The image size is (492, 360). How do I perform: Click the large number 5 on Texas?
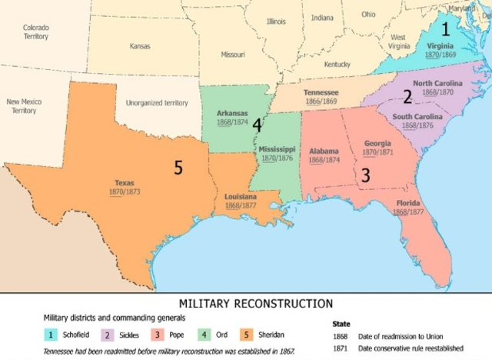178,167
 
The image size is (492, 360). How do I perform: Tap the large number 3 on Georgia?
366,175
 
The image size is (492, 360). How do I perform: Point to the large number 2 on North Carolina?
407,96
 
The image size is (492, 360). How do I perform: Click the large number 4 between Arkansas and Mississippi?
257,125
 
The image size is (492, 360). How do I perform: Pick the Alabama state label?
323,152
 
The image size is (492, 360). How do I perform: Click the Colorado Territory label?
36,32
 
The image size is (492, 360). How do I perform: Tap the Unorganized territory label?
157,102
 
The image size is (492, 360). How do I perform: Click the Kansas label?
140,46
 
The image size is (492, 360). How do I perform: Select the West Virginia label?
398,42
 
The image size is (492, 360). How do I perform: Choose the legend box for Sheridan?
247,335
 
